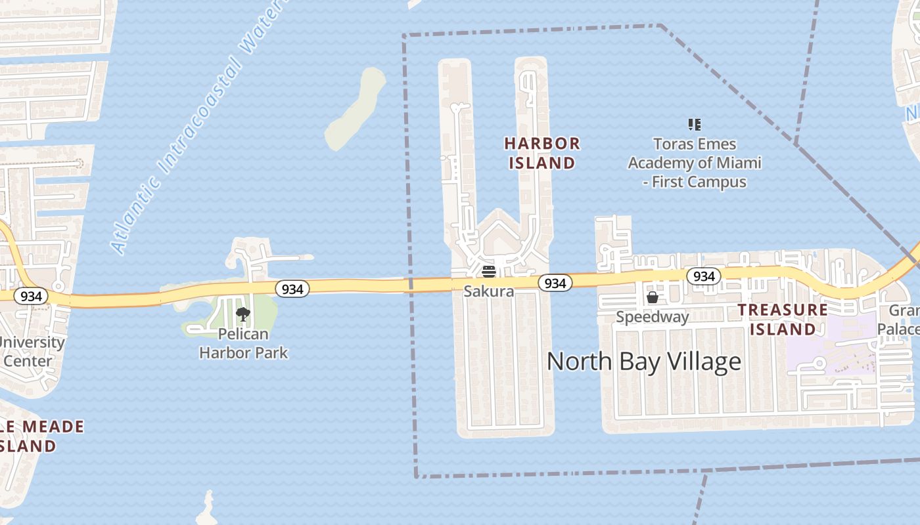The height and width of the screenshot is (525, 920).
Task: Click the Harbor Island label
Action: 542,153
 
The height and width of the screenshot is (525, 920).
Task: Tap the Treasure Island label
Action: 783,319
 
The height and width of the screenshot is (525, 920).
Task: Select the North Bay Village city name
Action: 644,362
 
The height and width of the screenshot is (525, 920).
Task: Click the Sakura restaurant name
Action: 488,291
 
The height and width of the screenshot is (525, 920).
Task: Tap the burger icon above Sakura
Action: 488,272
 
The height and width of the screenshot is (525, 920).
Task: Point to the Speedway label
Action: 652,317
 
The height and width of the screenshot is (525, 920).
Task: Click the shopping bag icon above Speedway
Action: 653,298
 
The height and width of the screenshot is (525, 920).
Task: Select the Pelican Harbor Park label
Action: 243,343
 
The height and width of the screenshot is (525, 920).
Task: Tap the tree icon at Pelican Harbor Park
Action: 243,314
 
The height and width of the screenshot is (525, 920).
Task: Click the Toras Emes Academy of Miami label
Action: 695,163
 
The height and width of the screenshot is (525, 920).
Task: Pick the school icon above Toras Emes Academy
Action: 695,124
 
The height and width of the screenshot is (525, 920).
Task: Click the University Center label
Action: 30,351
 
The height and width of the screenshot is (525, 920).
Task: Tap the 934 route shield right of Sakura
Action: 555,283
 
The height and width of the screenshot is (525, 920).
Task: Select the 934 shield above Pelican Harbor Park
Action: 292,289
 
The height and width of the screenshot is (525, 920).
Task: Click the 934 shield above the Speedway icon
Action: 704,276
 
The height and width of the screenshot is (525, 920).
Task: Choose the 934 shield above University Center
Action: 31,296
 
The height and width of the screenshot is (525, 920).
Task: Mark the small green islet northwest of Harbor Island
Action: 355,108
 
